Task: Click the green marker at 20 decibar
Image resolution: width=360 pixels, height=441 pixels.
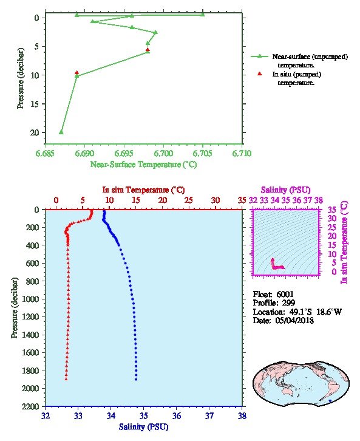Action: point(61,132)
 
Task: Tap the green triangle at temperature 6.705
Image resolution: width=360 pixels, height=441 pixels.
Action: point(203,14)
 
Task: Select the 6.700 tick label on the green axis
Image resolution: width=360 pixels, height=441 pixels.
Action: point(163,153)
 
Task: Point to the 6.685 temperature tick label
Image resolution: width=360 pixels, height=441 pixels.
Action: point(46,153)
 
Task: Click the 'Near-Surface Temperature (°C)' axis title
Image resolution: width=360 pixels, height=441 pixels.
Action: point(144,164)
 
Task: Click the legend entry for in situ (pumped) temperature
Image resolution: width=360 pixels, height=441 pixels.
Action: point(296,78)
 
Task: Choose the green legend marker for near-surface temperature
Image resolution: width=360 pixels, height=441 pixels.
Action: point(260,56)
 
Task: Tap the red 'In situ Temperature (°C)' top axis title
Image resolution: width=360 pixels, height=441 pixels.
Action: point(143,190)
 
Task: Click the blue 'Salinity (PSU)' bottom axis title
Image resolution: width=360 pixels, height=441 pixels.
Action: point(144,427)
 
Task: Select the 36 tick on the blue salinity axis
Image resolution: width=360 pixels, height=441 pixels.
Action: point(177,415)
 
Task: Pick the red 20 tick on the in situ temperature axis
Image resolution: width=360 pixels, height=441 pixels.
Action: point(163,200)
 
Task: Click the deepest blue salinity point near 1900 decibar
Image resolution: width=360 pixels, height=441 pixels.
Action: point(136,379)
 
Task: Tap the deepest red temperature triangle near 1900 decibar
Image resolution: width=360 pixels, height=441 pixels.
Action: point(66,379)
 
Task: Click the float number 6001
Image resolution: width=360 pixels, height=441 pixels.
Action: point(285,294)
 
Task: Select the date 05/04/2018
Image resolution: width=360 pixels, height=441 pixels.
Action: point(294,320)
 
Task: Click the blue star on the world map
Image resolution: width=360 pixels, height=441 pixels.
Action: point(330,400)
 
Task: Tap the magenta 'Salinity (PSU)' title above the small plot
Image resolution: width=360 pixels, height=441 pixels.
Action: point(285,190)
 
